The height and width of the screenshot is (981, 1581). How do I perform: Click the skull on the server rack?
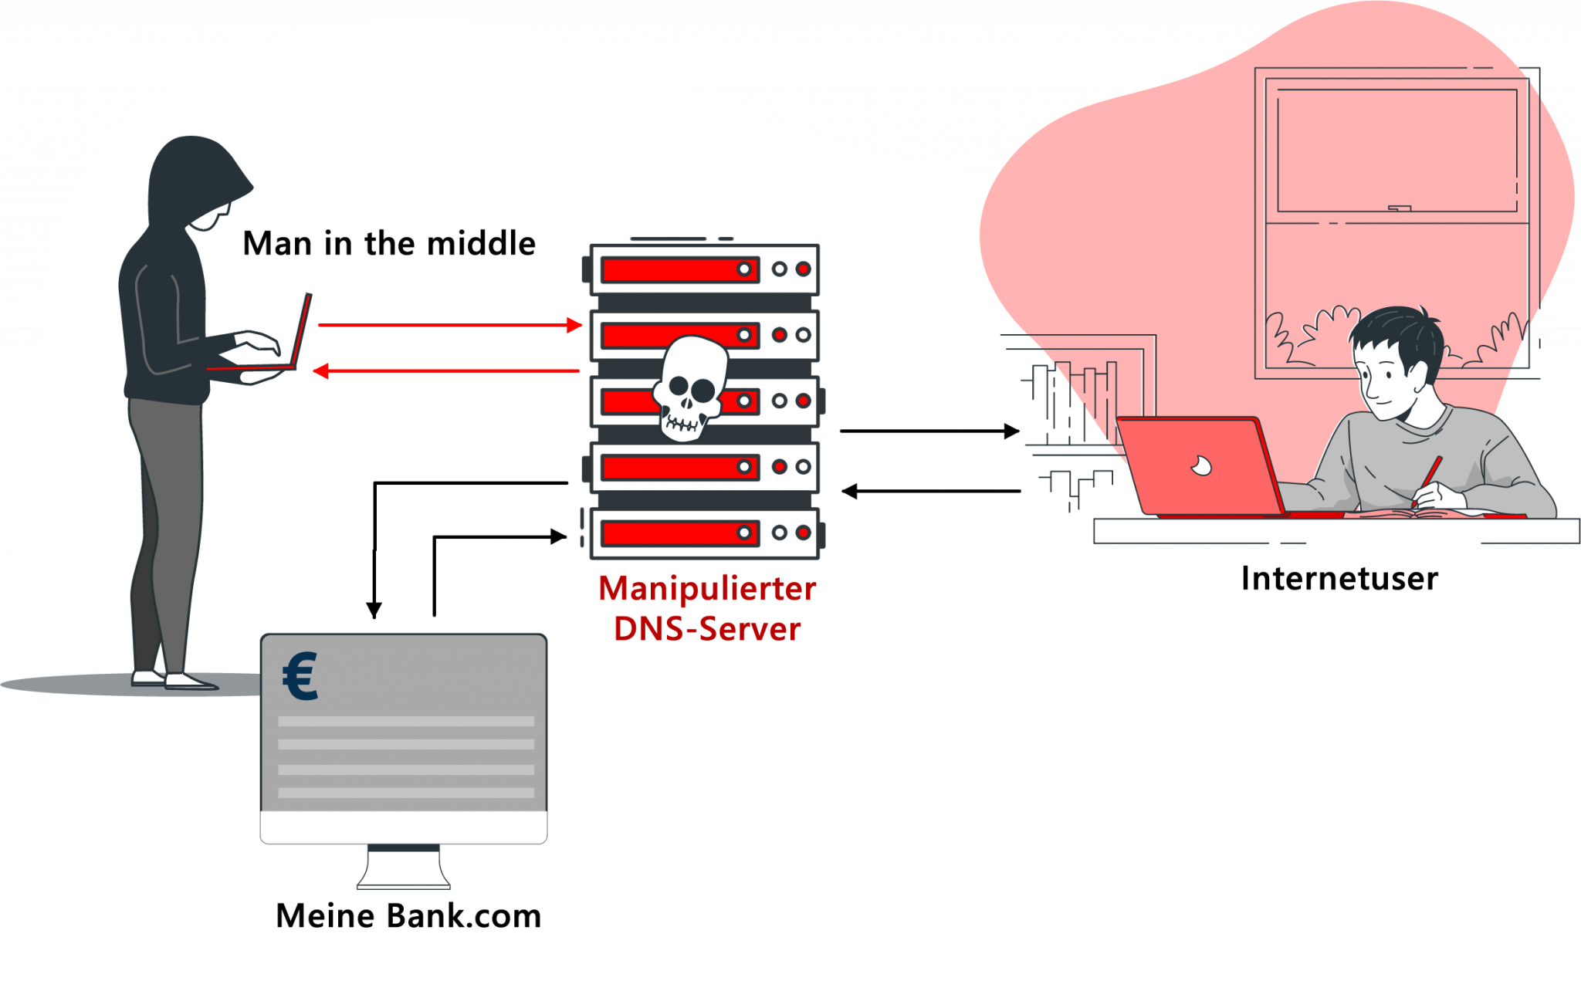pos(689,387)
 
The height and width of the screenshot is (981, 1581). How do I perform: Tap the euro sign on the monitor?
pos(300,676)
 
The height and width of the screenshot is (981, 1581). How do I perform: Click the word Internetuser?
pos(1339,579)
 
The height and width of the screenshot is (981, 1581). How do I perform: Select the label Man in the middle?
pos(389,244)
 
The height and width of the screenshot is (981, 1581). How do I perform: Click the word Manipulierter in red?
pos(706,590)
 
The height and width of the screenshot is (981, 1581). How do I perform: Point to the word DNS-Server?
pos(706,630)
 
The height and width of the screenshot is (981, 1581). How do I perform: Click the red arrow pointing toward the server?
pos(449,325)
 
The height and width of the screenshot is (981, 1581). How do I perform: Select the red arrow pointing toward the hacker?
pos(446,371)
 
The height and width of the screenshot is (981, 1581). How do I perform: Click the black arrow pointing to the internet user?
pos(929,431)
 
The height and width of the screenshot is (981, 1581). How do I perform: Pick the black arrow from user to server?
pos(930,491)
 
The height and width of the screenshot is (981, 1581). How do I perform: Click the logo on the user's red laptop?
pos(1200,465)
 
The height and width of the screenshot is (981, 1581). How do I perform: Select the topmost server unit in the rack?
pos(704,269)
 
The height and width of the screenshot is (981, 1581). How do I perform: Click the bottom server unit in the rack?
pos(704,533)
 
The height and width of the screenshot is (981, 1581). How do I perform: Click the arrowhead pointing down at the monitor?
pos(374,610)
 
